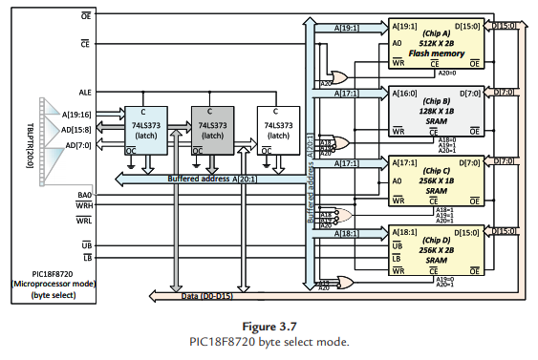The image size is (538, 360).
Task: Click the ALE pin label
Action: (x=85, y=93)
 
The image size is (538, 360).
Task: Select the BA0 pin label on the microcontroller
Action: (x=85, y=195)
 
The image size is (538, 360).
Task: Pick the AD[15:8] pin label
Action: (x=78, y=129)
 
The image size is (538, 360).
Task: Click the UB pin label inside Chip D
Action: (x=397, y=244)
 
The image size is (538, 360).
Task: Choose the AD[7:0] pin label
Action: (x=80, y=145)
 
